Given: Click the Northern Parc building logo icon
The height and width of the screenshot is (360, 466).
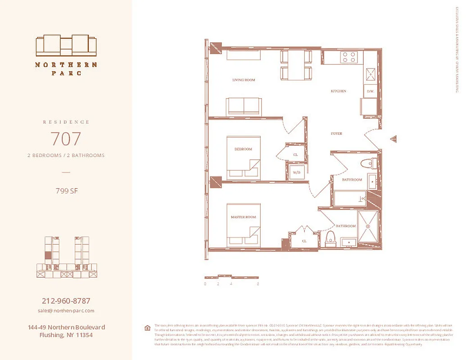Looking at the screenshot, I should coord(66,45).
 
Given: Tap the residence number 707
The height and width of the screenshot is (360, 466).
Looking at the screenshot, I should coord(66,139).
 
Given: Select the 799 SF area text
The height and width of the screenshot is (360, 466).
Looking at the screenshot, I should coord(66,191).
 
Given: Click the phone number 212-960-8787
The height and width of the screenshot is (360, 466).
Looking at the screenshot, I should coord(66,301).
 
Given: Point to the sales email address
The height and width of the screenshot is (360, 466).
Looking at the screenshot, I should coord(66,310).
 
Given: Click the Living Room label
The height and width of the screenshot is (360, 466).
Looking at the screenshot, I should coord(244,80).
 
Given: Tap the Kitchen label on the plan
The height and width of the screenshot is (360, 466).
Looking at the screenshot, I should coord(339,91).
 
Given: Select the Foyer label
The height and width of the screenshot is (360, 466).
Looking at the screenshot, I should coord(336,134).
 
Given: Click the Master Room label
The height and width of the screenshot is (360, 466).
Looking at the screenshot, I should coord(243,217).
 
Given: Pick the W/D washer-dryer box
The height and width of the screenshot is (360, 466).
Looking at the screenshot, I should coord(297,172).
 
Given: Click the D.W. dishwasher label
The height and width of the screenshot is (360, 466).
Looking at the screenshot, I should coord(371,92).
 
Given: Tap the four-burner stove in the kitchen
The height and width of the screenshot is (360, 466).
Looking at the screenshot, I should coord(349,57).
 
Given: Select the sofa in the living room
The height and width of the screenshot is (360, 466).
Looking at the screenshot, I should coord(244,106).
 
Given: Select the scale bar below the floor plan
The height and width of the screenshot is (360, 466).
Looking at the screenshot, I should coord(231,276).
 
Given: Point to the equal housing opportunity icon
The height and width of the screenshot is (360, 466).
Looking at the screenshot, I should coord(147,328).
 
